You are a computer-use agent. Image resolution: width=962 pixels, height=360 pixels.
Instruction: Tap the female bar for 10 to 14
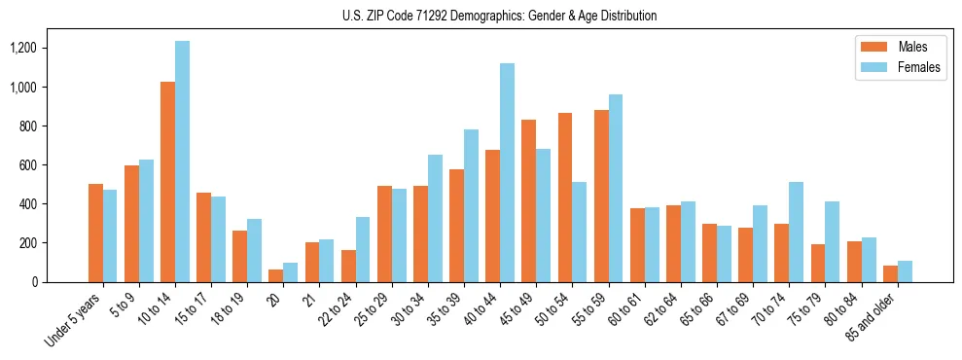coord(182,162)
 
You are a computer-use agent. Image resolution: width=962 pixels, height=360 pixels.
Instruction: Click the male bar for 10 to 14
coord(167,182)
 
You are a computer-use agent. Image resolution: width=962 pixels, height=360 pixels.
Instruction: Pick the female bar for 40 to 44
coord(507,172)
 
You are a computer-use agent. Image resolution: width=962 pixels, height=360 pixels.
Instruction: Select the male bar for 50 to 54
coord(565,198)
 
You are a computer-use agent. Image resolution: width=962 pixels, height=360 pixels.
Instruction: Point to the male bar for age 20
coord(276,275)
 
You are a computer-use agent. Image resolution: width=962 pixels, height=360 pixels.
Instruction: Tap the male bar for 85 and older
coord(890,273)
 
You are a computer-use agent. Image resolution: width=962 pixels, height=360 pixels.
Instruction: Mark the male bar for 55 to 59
coord(601,196)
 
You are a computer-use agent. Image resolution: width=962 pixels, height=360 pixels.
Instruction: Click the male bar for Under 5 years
coord(95,233)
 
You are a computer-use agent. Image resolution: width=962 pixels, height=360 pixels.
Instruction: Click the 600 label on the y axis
coord(28,164)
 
